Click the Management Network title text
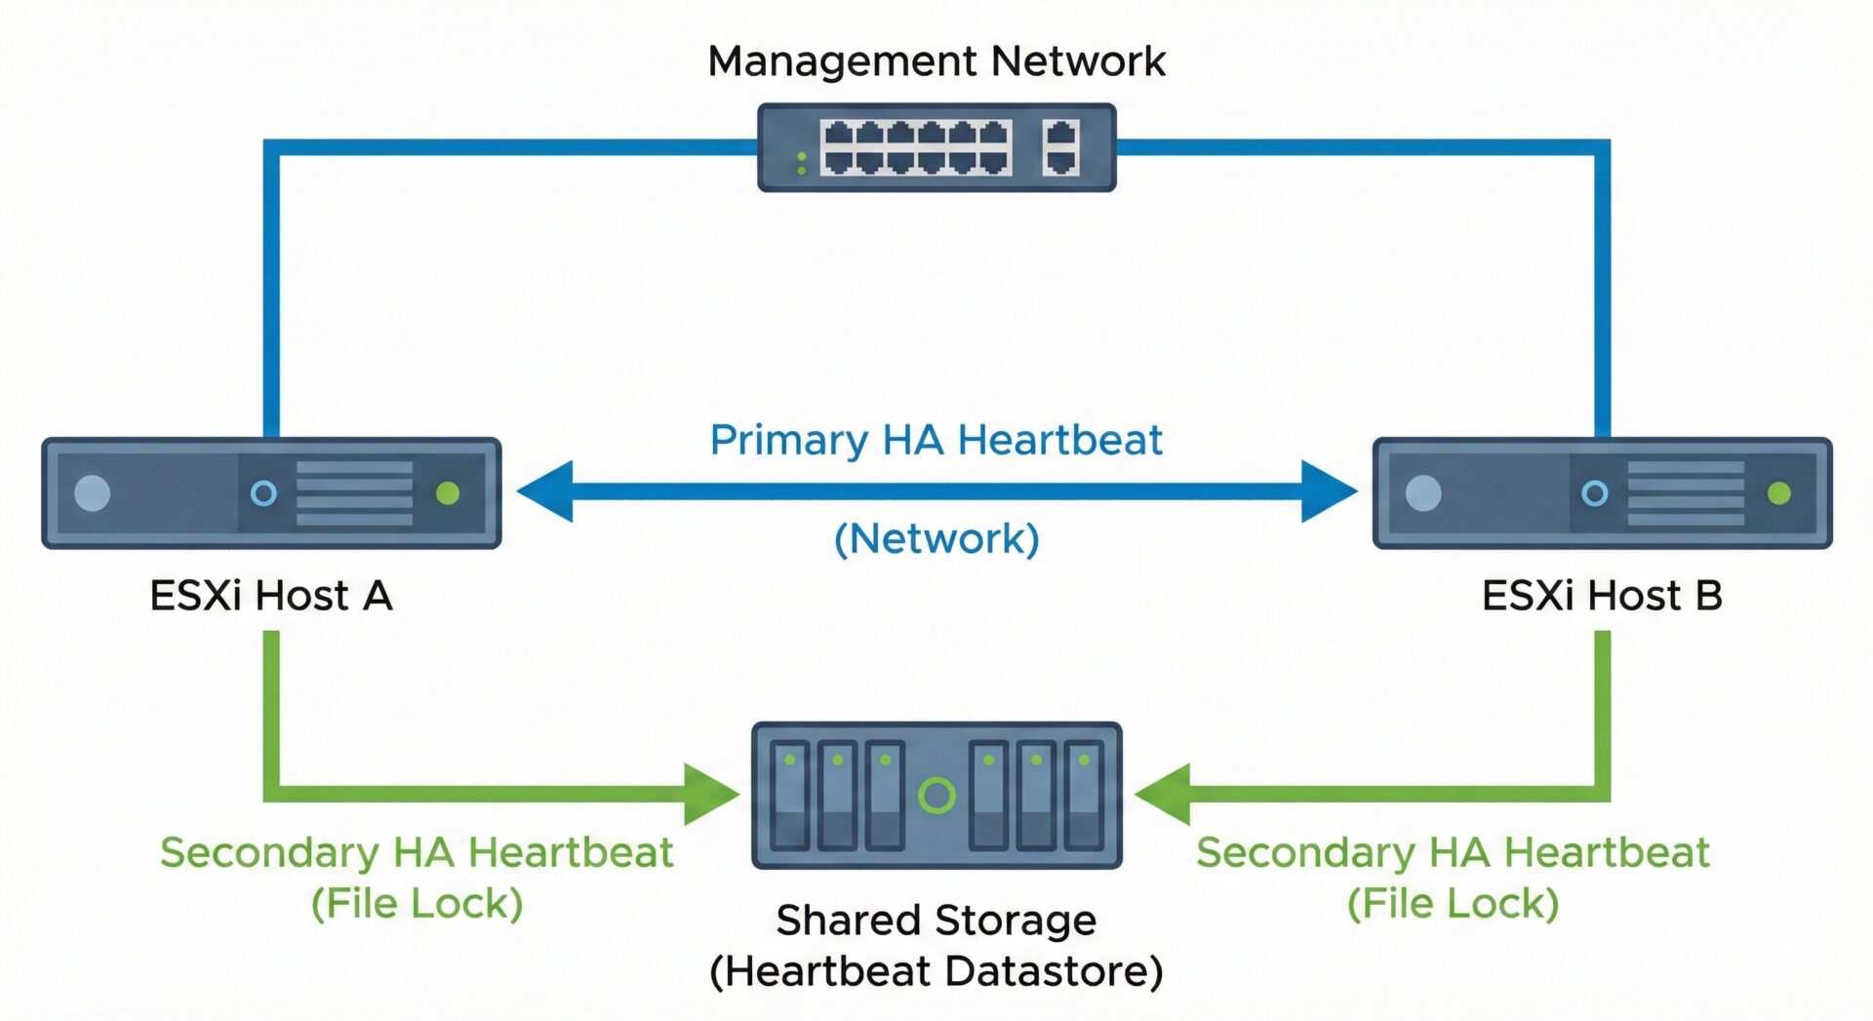[x=936, y=61]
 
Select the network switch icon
[x=936, y=147]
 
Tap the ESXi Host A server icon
[x=271, y=492]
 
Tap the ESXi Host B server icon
[x=1602, y=492]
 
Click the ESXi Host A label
[x=271, y=595]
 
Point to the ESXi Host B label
[x=1602, y=595]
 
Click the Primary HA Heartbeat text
[x=936, y=440]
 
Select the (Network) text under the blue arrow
[x=936, y=538]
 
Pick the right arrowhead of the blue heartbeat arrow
[x=1329, y=491]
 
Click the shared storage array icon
[x=936, y=795]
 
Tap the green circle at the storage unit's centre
[x=936, y=796]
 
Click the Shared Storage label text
[x=936, y=920]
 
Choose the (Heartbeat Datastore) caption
[x=936, y=971]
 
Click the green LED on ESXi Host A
[x=448, y=493]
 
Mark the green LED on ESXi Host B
[x=1778, y=493]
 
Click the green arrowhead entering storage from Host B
[x=1163, y=794]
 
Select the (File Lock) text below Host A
[x=417, y=903]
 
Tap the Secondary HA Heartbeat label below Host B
[x=1453, y=852]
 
